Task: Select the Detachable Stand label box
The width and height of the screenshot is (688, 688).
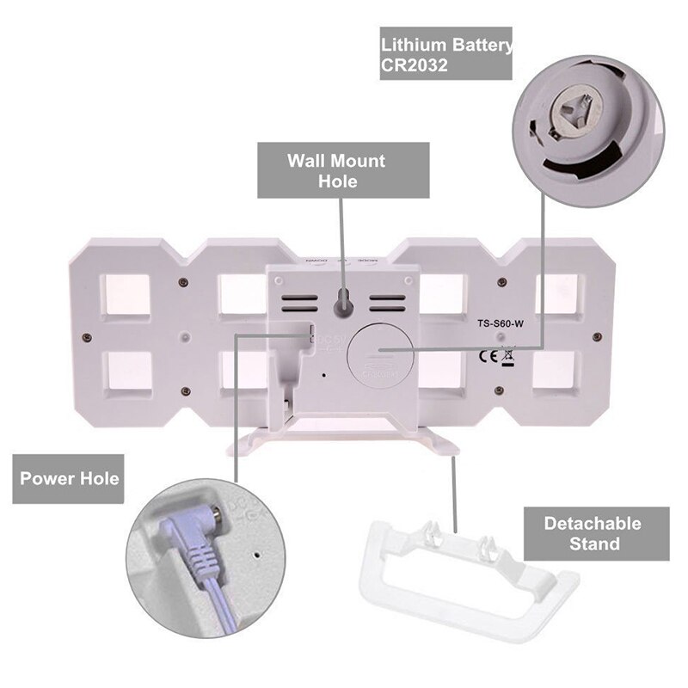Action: pos(593,532)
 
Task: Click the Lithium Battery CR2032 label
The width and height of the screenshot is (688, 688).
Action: pos(446,54)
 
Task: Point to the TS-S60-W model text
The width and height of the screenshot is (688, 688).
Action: pos(501,324)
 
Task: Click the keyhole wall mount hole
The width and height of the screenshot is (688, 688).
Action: pos(341,303)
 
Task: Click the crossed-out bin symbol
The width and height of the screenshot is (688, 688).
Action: pos(508,355)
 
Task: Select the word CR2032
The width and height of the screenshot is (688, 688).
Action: pos(415,66)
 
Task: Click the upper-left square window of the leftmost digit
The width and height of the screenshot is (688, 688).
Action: pos(126,293)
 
